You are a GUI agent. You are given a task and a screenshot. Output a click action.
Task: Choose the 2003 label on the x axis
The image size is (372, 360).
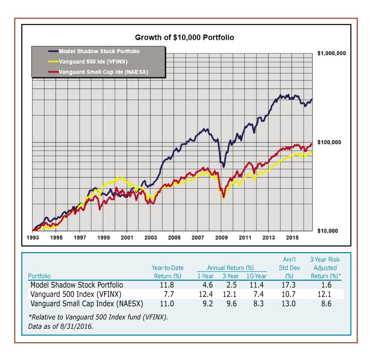click(150, 237)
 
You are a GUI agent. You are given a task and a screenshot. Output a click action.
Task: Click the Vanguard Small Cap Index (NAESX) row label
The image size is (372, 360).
click(86, 303)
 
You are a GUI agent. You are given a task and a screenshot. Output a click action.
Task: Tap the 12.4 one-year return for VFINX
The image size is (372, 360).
click(205, 294)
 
